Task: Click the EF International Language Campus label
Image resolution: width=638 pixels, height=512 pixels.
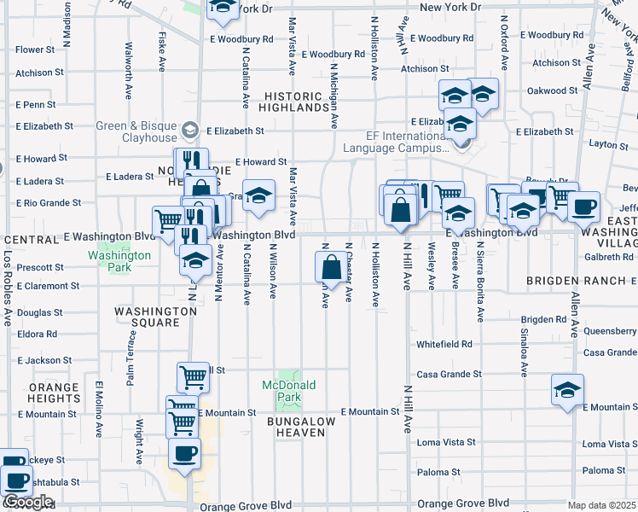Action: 395,141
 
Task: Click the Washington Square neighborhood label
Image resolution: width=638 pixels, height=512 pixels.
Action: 148,317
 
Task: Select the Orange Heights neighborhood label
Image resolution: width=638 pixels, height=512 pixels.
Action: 54,393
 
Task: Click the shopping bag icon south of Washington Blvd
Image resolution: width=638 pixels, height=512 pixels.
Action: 331,268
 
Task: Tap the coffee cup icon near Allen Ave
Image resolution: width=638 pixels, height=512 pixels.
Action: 584,207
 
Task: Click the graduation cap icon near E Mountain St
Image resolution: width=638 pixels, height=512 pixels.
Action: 567,390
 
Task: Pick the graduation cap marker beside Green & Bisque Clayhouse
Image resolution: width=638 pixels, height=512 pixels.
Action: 188,131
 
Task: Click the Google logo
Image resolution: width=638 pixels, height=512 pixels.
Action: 27,503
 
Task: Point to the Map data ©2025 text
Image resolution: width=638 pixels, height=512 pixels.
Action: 602,505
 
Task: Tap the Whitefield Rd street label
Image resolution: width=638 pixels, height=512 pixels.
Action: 444,344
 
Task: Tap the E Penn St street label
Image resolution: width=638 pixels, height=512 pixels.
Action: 35,105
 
